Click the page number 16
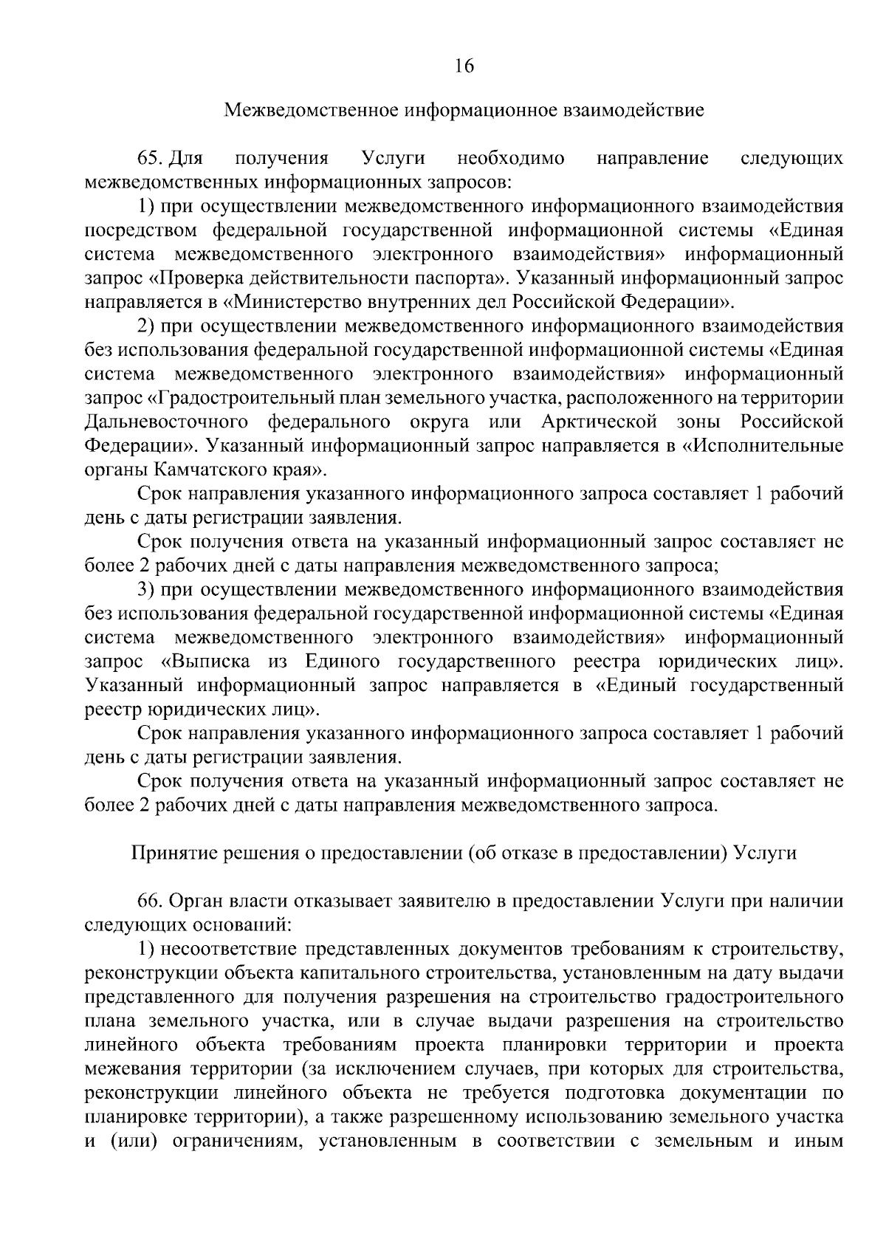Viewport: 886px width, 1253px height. (464, 66)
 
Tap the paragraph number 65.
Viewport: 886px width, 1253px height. (151, 158)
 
